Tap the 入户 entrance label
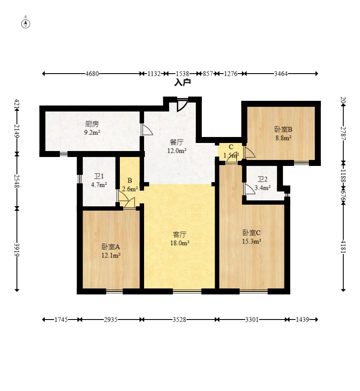(x=182, y=82)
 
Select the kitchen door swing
(x=147, y=130)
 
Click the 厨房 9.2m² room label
(x=92, y=128)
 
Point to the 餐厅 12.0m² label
(x=177, y=146)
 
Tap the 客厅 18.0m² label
(x=180, y=239)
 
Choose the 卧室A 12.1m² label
(x=111, y=251)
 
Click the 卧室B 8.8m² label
(x=283, y=134)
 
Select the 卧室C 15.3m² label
(x=252, y=237)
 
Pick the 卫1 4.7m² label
(x=99, y=180)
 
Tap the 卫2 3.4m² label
(x=263, y=183)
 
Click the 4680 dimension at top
(x=92, y=74)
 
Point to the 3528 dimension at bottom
(x=179, y=320)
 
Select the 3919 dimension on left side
(x=17, y=249)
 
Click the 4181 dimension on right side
(x=343, y=246)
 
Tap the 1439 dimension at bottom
(x=303, y=320)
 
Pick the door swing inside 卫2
(x=249, y=189)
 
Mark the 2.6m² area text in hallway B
(x=130, y=189)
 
